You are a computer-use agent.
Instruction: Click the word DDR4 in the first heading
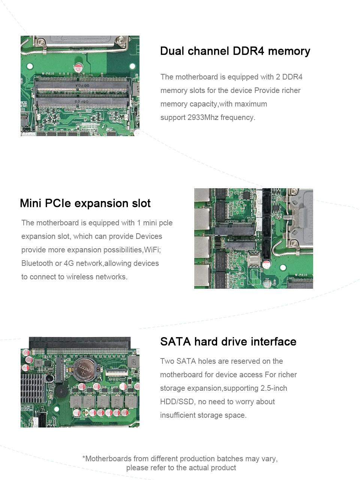click(x=248, y=51)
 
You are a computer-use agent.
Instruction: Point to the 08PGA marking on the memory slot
click(x=82, y=85)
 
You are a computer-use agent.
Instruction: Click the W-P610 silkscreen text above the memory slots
click(x=48, y=74)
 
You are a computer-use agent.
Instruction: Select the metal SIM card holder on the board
click(x=253, y=260)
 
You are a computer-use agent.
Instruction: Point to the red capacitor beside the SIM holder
click(x=266, y=265)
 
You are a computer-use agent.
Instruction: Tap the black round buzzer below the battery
click(x=61, y=391)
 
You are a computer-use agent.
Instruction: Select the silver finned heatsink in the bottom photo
click(x=33, y=388)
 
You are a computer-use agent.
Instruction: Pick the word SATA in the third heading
click(x=175, y=342)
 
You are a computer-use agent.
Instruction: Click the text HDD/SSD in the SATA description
click(x=177, y=402)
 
